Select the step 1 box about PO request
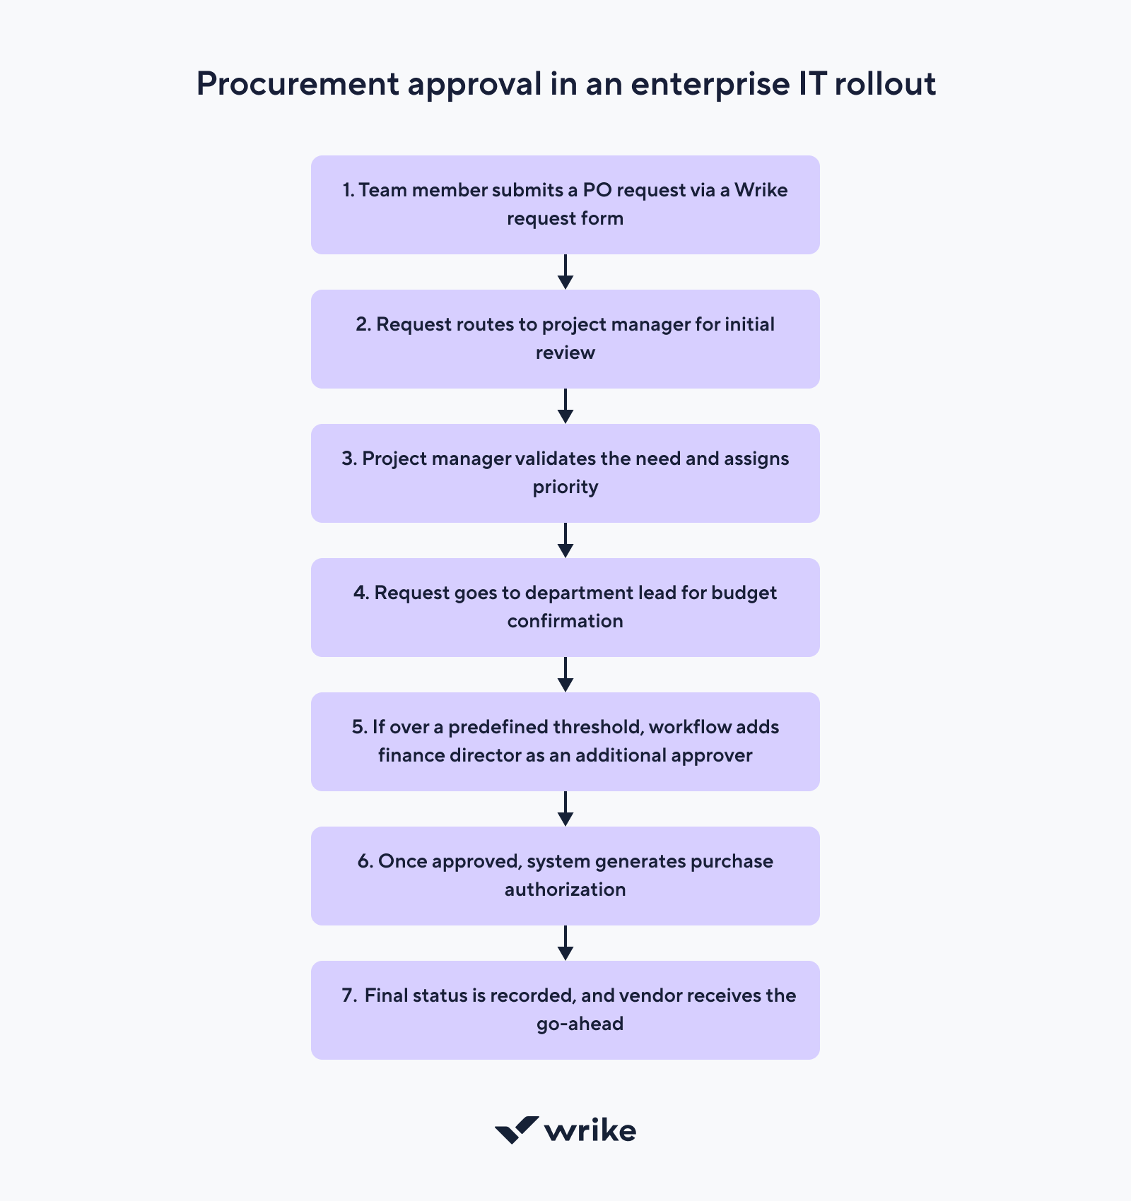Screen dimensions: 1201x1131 pyautogui.click(x=565, y=204)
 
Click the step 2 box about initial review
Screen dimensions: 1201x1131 pyautogui.click(x=565, y=338)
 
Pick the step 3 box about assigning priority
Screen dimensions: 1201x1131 pyautogui.click(x=565, y=473)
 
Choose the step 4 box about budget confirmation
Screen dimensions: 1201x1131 pyautogui.click(x=565, y=607)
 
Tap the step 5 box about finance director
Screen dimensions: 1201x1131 pyautogui.click(x=565, y=741)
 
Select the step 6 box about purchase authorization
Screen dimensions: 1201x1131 pyautogui.click(x=565, y=875)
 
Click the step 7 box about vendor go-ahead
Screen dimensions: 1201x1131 pyautogui.click(x=565, y=1010)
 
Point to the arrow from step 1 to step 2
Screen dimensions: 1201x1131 pyautogui.click(x=565, y=272)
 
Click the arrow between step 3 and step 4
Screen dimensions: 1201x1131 pyautogui.click(x=565, y=540)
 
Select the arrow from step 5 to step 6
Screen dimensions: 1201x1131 pyautogui.click(x=565, y=809)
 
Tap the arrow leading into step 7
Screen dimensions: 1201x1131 pyautogui.click(x=565, y=943)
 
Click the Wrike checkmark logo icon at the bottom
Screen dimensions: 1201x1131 pyautogui.click(x=516, y=1130)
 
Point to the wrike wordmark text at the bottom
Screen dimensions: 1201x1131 pyautogui.click(x=590, y=1131)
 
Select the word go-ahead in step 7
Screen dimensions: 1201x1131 pyautogui.click(x=580, y=1024)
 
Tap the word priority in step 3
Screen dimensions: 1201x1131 pyautogui.click(x=565, y=487)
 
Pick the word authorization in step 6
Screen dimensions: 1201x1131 pyautogui.click(x=565, y=889)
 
